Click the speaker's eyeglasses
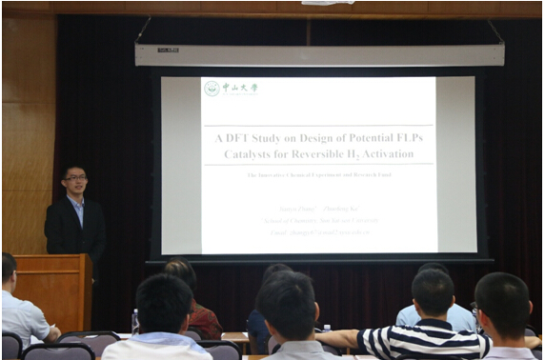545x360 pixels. click(75, 177)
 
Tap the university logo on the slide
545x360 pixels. click(212, 89)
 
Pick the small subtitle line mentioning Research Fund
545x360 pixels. click(318, 175)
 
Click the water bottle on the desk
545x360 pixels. click(135, 321)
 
